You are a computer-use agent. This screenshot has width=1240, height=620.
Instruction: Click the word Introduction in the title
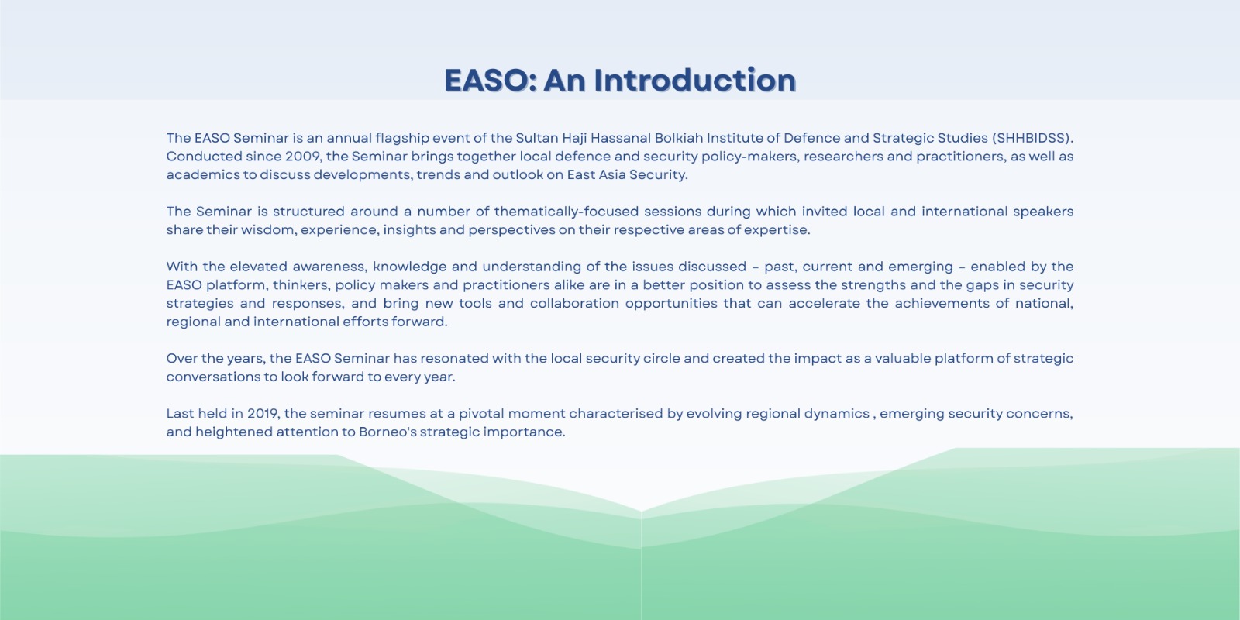(x=694, y=81)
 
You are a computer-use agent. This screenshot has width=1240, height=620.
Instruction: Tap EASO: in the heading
(x=491, y=81)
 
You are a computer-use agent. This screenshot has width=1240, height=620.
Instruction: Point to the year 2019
(x=263, y=414)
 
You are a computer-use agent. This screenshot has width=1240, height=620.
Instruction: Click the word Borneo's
(x=387, y=432)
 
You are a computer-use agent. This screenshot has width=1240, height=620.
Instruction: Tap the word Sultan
(x=537, y=138)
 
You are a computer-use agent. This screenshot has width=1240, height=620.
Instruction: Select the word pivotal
(x=481, y=414)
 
